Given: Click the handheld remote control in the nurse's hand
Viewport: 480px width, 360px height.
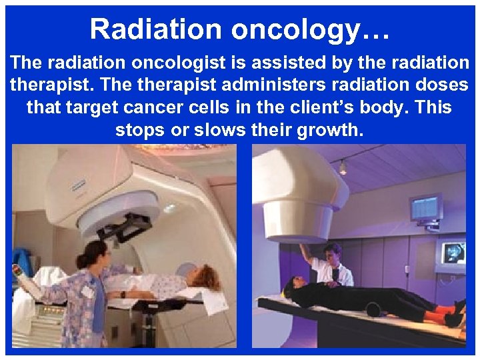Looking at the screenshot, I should click(x=17, y=274).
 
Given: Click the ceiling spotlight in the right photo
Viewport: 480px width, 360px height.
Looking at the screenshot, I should click(x=343, y=167).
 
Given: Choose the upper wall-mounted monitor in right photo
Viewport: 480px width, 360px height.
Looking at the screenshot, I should click(x=425, y=209).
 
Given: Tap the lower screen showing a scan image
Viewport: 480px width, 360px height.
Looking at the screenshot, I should click(x=453, y=253).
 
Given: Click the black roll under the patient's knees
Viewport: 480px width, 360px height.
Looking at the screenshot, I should click(x=375, y=309).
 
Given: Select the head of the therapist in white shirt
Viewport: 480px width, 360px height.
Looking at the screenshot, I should click(x=332, y=253).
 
